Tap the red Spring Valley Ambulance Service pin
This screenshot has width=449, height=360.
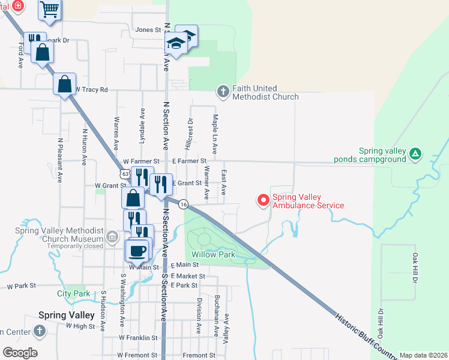[262, 200]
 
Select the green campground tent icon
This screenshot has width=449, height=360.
[415, 155]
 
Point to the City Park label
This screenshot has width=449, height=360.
[73, 293]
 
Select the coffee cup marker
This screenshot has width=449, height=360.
[137, 250]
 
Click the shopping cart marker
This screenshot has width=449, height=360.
[50, 8]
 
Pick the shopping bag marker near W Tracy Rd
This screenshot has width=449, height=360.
[65, 84]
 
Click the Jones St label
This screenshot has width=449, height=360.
[149, 29]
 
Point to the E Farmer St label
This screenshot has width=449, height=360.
[189, 161]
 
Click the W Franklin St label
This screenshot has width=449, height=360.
[138, 338]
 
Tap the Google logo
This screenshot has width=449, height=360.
[20, 353]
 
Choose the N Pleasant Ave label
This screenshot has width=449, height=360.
[60, 160]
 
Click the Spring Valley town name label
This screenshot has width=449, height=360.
[67, 315]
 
